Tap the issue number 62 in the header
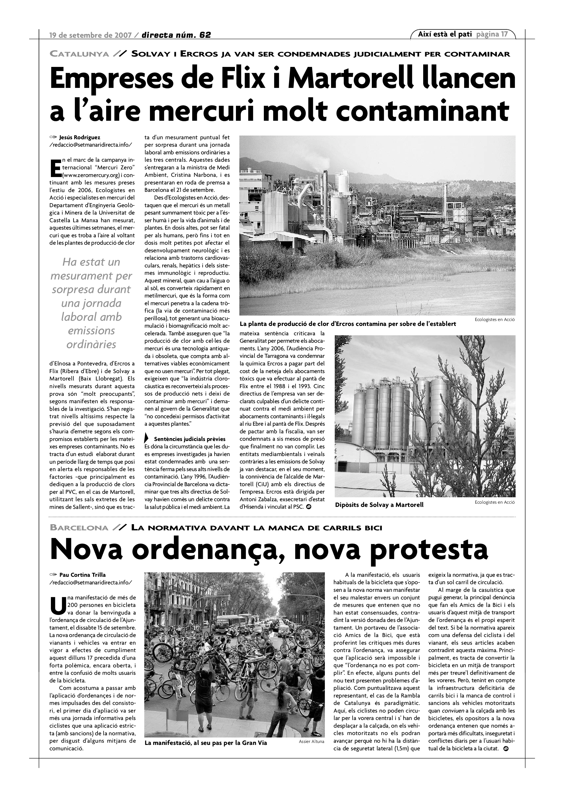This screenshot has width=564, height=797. click(205, 35)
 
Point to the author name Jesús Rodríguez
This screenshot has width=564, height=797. click(80, 138)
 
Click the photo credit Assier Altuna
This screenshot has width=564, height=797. click(311, 741)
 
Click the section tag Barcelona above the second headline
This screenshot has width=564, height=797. click(79, 528)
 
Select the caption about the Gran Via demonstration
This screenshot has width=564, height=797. click(206, 743)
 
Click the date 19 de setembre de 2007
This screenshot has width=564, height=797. click(90, 35)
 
